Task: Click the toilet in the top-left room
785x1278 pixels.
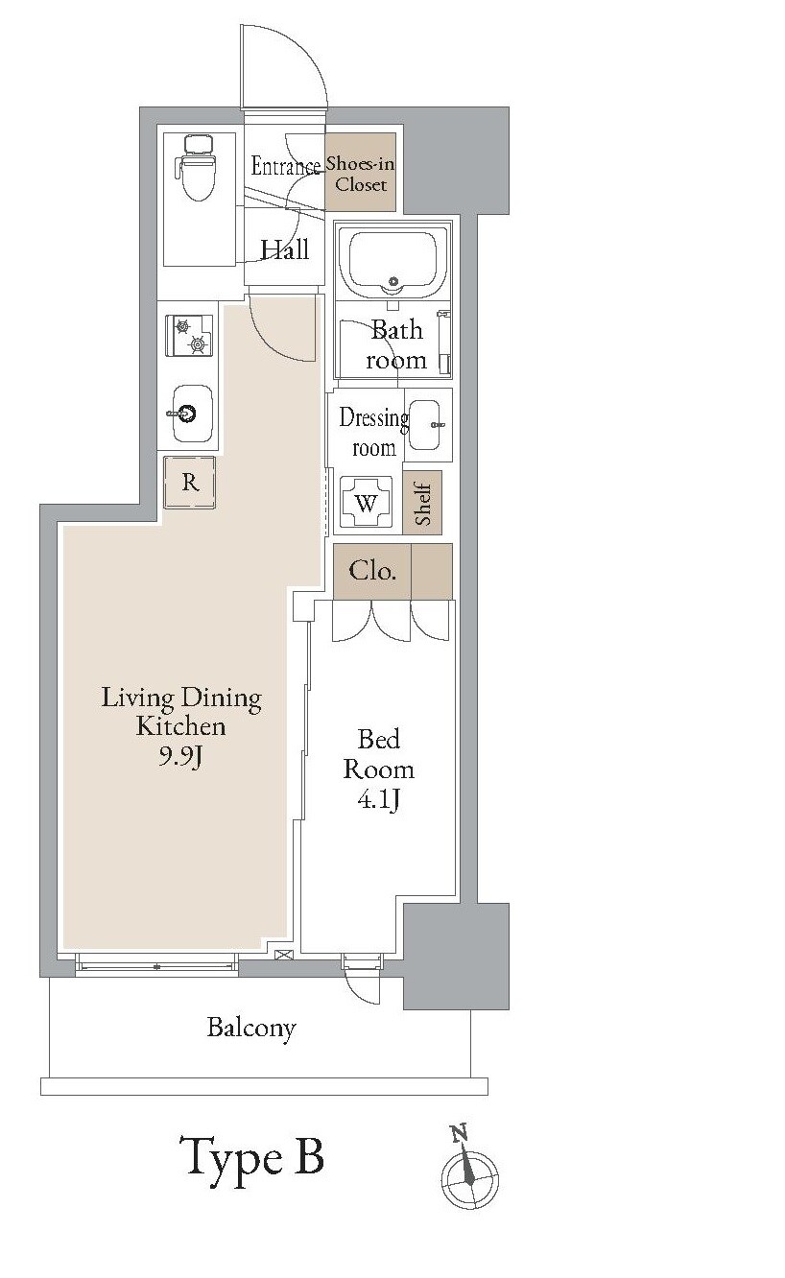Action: (196, 169)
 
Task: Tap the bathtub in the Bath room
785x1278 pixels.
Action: (392, 263)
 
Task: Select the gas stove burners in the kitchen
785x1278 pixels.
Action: (189, 336)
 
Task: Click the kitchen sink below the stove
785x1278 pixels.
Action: (193, 414)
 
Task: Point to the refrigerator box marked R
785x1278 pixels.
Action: (190, 482)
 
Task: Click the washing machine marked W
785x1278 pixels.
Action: (366, 503)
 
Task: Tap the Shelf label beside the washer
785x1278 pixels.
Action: (422, 504)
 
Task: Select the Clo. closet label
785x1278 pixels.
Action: (372, 571)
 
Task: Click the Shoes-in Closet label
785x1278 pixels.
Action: (361, 174)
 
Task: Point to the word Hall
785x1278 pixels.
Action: (285, 249)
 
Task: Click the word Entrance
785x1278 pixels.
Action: (286, 166)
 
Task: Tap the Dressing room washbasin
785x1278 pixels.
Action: (428, 425)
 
